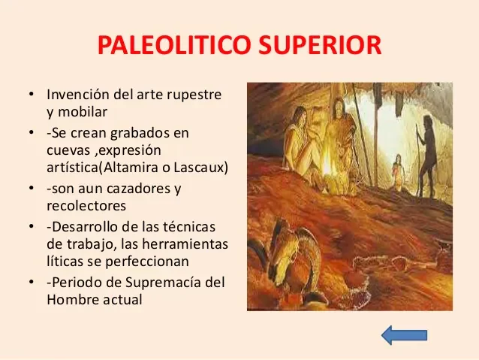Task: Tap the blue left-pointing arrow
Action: point(404,334)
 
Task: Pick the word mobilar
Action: point(83,112)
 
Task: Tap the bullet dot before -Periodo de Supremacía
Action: point(32,283)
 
